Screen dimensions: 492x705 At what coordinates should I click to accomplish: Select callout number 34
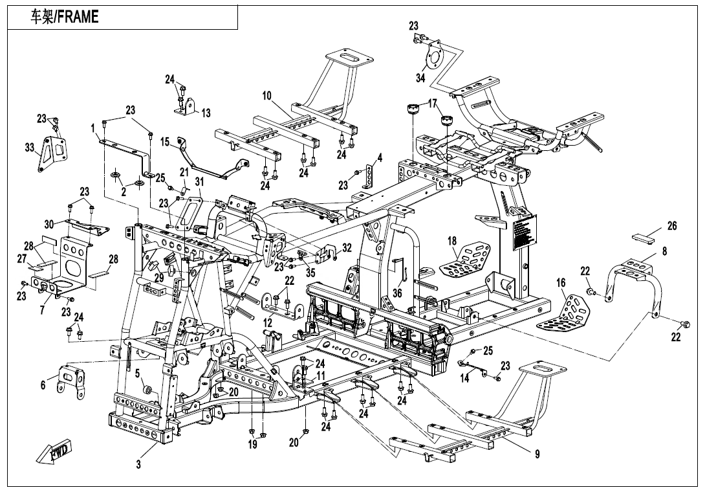click(420, 78)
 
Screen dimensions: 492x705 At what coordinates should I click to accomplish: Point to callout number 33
click(30, 148)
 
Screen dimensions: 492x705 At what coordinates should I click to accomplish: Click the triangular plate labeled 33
click(52, 153)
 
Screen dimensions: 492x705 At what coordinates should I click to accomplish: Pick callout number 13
click(206, 113)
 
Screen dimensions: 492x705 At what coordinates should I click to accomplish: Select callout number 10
click(266, 96)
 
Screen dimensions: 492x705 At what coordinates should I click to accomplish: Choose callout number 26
click(672, 226)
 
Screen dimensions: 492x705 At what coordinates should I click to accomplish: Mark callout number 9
click(537, 454)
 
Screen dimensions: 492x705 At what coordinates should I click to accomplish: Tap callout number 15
click(165, 141)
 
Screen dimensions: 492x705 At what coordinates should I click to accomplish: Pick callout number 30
click(49, 224)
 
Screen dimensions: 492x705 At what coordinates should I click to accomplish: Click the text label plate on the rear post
click(525, 234)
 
